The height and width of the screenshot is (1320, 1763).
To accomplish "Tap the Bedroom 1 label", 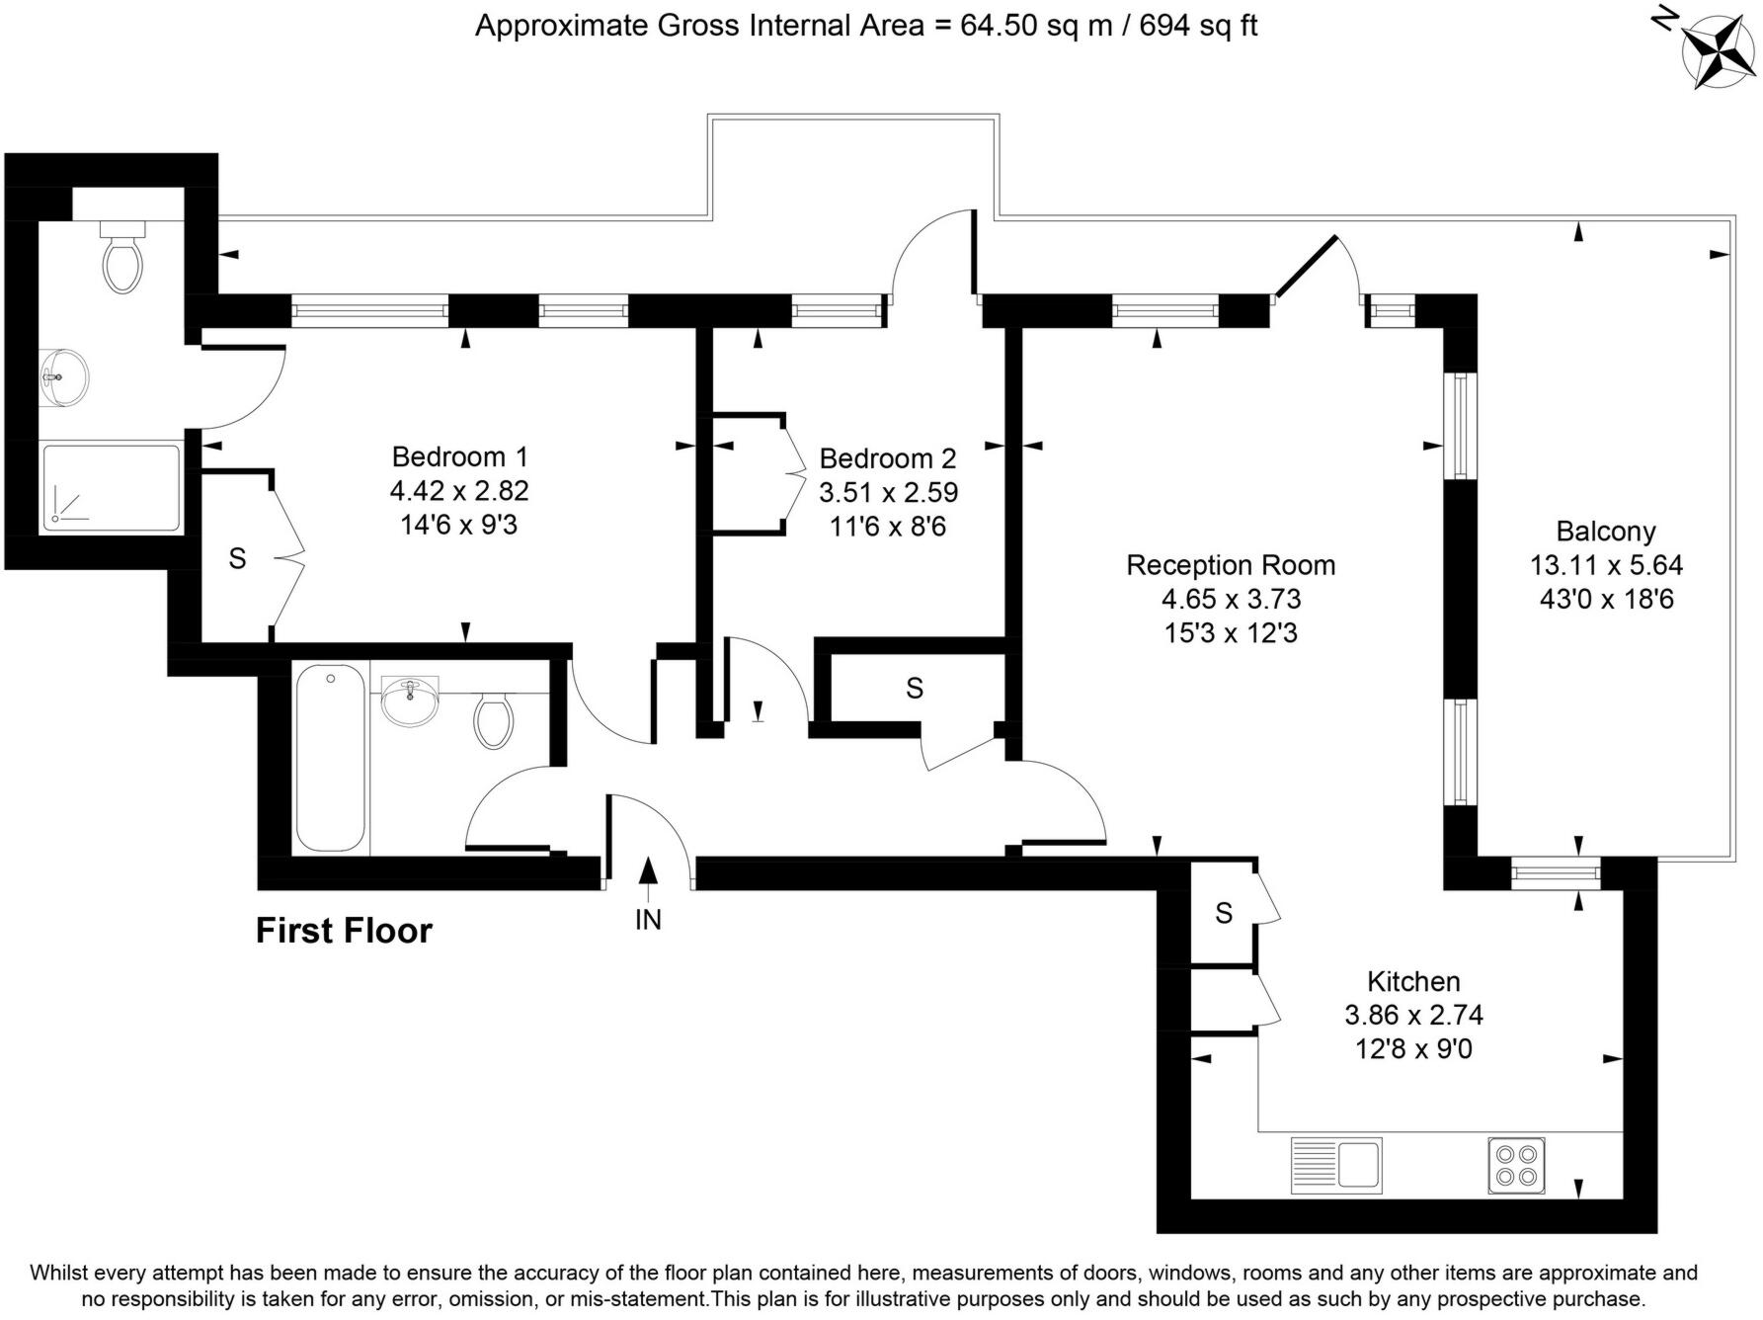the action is (x=459, y=456).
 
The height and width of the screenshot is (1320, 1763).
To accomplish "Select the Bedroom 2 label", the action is (x=888, y=458).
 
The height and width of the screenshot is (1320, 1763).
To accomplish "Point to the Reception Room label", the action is (x=1231, y=565).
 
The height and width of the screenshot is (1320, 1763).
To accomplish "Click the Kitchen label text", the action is (x=1413, y=981).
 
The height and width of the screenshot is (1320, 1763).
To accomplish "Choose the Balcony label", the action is (x=1605, y=532).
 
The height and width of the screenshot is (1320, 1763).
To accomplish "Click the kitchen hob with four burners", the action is (x=1516, y=1166).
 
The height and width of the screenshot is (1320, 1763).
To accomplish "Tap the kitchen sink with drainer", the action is (x=1336, y=1166).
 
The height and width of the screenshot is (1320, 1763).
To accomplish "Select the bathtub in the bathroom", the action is (x=330, y=759).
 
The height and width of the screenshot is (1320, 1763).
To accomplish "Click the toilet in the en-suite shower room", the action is (x=123, y=255).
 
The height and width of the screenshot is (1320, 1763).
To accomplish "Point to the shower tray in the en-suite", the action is (x=111, y=488).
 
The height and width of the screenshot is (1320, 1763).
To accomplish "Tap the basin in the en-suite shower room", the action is (x=65, y=375).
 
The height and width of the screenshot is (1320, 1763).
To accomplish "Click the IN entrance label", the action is (x=648, y=920).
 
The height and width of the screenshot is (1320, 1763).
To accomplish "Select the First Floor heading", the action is (x=344, y=931).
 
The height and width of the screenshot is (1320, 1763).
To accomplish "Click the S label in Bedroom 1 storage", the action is (x=237, y=558).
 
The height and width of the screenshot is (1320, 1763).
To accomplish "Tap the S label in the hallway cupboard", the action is (x=915, y=688).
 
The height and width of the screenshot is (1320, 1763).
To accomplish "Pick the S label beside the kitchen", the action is (x=1224, y=913).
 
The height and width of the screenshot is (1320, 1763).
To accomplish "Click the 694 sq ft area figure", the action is (x=1198, y=25).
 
